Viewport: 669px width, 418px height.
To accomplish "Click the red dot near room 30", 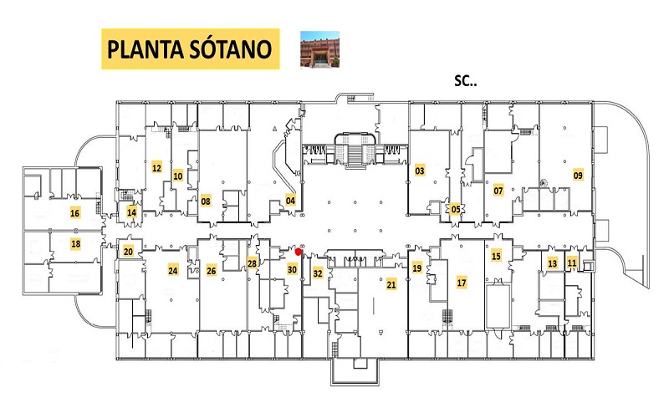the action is pyautogui.click(x=299, y=252).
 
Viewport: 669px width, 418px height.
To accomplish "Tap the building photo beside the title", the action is pyautogui.click(x=319, y=49).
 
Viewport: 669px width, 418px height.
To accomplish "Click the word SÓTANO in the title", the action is pyautogui.click(x=231, y=49).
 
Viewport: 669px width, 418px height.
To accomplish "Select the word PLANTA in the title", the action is pyautogui.click(x=146, y=49).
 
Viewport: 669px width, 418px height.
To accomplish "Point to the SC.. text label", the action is pyautogui.click(x=466, y=80).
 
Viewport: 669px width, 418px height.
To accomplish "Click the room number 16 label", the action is pyautogui.click(x=75, y=213).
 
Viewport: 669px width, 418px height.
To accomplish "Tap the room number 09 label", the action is pyautogui.click(x=578, y=175).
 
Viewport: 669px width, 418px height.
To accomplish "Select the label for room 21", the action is pyautogui.click(x=391, y=284).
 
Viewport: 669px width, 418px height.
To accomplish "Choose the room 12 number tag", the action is pyautogui.click(x=156, y=168).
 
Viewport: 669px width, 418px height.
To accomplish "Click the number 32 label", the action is pyautogui.click(x=318, y=273).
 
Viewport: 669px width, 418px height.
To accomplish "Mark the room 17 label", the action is pyautogui.click(x=462, y=283).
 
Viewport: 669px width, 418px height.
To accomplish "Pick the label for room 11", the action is pyautogui.click(x=572, y=263).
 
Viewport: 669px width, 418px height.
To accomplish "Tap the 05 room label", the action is pyautogui.click(x=456, y=209).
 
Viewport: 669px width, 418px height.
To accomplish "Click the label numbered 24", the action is pyautogui.click(x=173, y=270).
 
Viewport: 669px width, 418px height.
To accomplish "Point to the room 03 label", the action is pyautogui.click(x=420, y=171).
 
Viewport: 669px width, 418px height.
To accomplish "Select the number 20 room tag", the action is pyautogui.click(x=128, y=252).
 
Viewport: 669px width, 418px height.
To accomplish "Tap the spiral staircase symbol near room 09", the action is pyautogui.click(x=544, y=183).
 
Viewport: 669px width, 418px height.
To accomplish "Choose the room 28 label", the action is pyautogui.click(x=253, y=263).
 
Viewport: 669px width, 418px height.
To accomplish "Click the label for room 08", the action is pyautogui.click(x=206, y=201).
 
